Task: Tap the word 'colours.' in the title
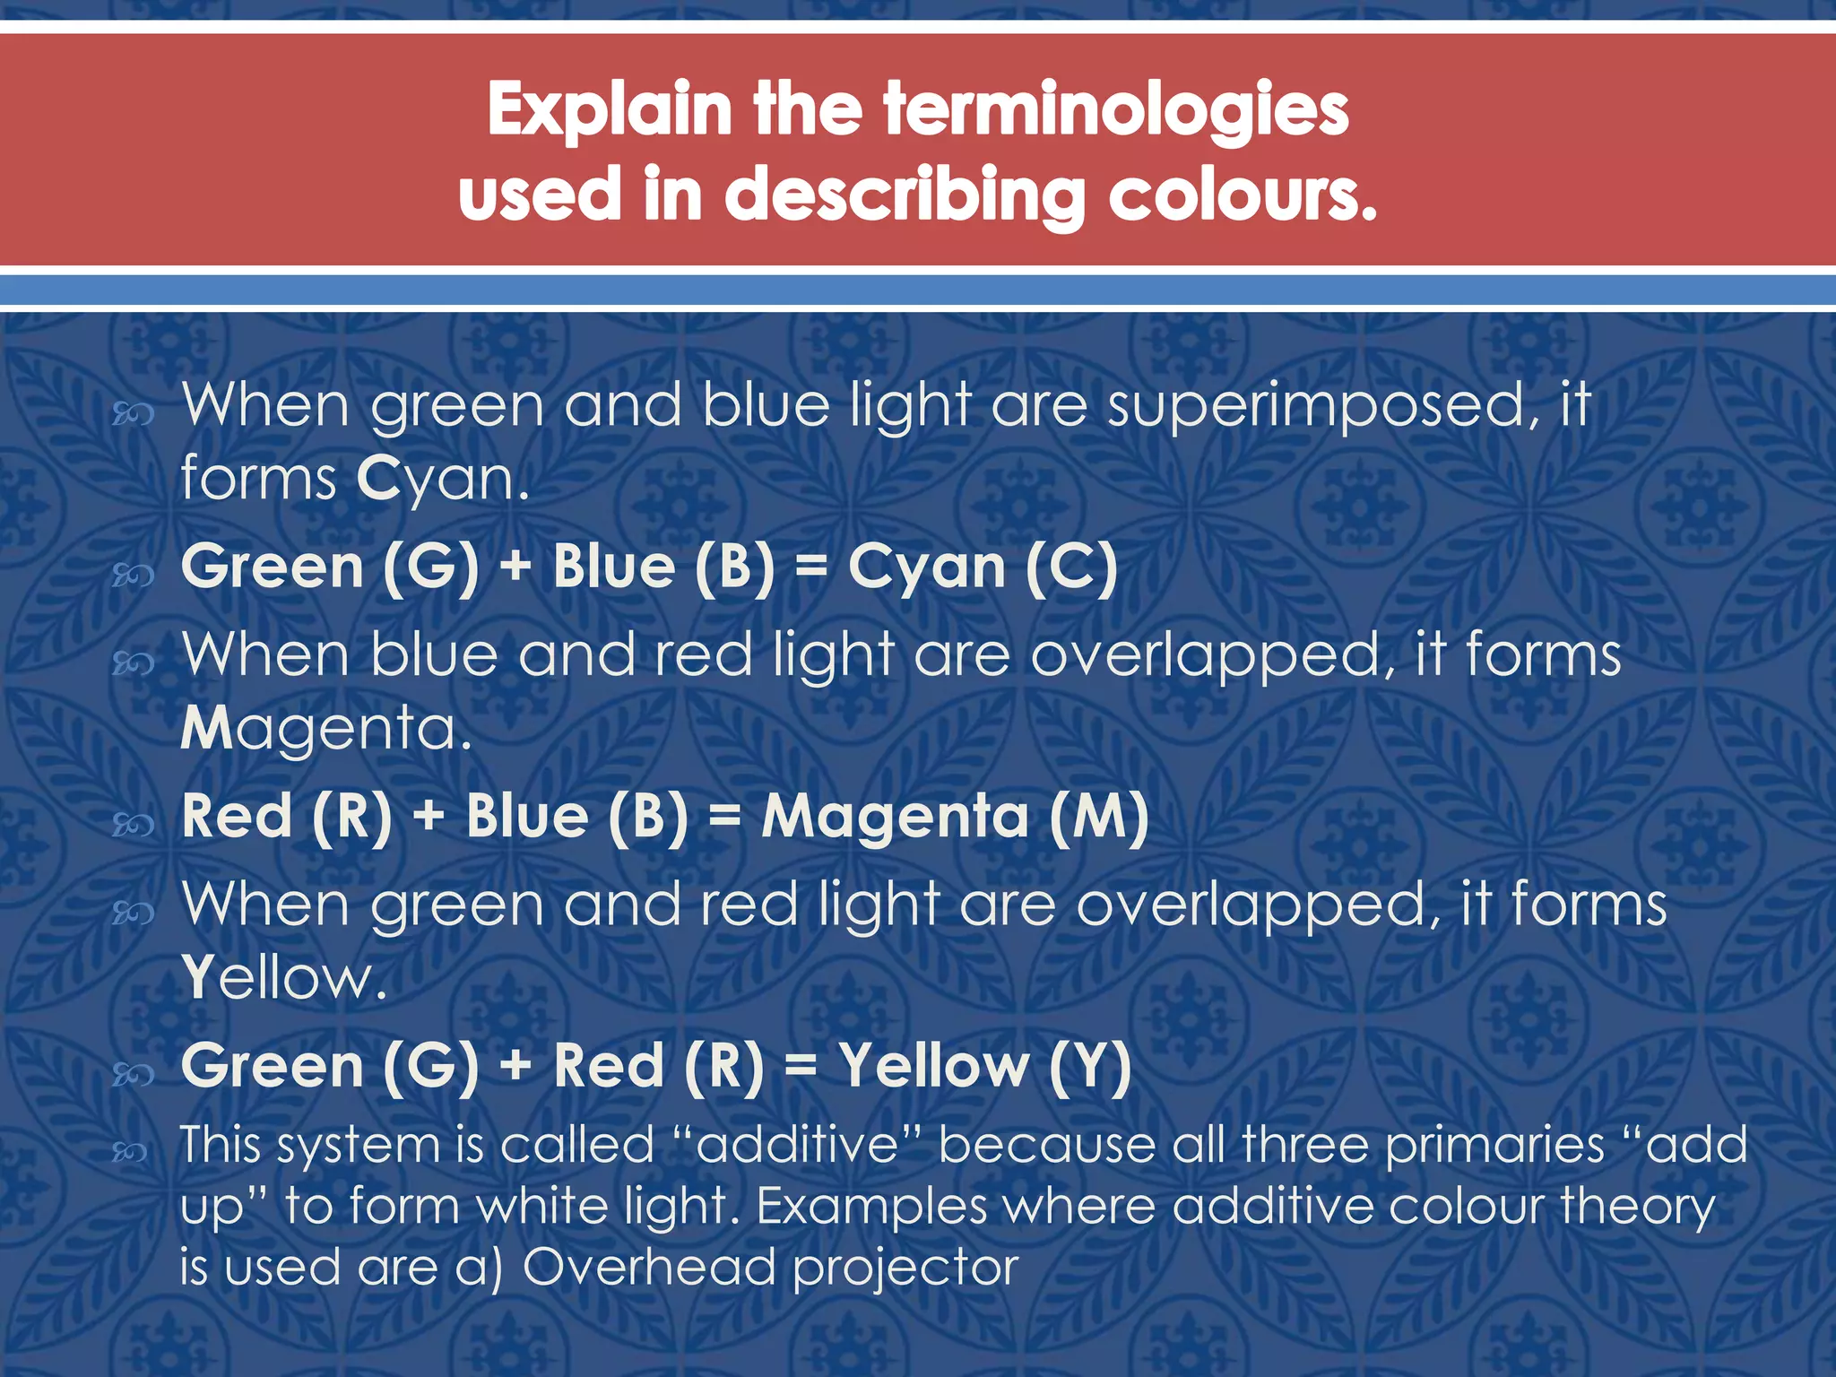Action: point(1243,195)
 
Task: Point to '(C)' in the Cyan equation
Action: point(1071,568)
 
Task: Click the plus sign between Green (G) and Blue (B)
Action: point(515,568)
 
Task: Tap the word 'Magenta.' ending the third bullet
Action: point(326,728)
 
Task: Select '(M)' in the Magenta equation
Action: point(1098,818)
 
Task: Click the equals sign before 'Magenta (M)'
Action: point(724,818)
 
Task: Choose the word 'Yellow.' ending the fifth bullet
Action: point(284,977)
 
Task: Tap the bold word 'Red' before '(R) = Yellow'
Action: point(609,1067)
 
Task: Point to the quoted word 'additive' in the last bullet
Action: point(797,1146)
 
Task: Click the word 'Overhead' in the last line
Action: point(648,1268)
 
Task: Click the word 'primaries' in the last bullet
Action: point(1494,1146)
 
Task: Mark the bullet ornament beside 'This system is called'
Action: point(130,1152)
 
